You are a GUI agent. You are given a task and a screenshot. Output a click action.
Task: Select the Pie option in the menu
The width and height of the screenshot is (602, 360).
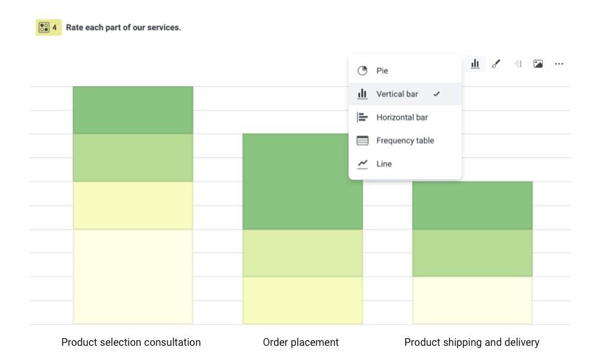coord(382,71)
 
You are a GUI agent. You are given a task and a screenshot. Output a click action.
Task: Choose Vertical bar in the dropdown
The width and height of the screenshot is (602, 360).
coord(397,94)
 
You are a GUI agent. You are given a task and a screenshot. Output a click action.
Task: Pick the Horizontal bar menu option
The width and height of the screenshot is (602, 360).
coord(401,118)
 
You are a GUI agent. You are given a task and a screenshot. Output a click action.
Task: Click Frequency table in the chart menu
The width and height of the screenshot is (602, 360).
coord(405,141)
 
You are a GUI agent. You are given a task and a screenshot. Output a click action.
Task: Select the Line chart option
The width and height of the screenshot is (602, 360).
coord(384,164)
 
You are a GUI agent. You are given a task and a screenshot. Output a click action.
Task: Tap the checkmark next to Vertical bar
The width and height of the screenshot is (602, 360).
coord(437,94)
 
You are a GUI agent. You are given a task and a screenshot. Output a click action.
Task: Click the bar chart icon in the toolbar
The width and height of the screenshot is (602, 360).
coord(475,64)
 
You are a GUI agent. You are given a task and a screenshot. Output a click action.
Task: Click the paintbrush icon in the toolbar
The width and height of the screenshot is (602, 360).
coord(496,64)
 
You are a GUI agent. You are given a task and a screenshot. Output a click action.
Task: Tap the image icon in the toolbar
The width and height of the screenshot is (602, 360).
coord(538,64)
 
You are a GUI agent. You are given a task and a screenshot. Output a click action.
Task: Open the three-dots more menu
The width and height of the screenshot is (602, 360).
coord(559,64)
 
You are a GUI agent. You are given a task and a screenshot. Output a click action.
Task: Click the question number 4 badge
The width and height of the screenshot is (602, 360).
coord(48,28)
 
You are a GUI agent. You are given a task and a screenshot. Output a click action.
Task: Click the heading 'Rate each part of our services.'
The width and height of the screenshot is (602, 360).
coord(123,28)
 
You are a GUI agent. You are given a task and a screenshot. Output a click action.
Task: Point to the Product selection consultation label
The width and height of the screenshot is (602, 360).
coord(131,342)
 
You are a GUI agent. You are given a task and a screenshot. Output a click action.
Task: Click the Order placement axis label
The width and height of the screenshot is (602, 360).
coord(301,342)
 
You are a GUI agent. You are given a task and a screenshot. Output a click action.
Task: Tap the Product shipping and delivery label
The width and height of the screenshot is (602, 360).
coord(472,342)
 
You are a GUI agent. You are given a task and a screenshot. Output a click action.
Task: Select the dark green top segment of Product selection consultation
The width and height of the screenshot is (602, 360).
coord(132,110)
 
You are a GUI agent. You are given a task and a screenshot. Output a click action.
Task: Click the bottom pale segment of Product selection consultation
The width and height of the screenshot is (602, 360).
coord(132,276)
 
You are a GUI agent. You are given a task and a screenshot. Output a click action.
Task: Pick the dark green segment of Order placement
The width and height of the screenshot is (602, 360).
coord(302,181)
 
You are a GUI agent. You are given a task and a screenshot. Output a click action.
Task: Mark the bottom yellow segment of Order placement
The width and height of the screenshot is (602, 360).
coord(302,300)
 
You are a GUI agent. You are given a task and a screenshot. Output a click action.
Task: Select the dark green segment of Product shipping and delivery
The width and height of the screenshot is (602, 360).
coord(472,205)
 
